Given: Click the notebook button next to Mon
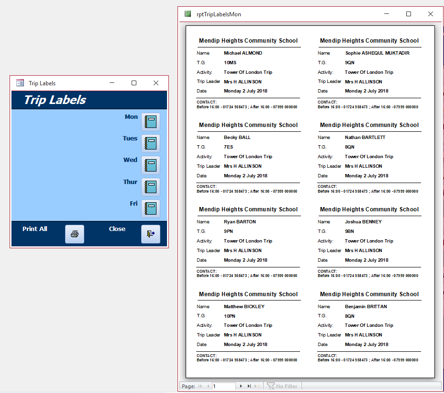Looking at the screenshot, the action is coord(151,122).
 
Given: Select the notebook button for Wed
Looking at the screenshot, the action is coord(151,165).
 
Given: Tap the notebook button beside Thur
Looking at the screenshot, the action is coord(151,187).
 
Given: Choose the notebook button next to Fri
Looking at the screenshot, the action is coord(151,208).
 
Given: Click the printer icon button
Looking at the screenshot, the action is coord(75,234).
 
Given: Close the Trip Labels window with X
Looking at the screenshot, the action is coord(156,83).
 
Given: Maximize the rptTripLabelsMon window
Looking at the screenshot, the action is coord(408,14).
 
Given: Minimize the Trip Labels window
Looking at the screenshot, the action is coord(112,83).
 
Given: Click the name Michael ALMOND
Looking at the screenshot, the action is coord(243,53).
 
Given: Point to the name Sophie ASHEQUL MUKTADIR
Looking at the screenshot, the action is coord(377,53).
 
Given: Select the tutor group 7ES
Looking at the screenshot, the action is coord(229,147).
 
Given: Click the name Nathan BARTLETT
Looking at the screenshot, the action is coord(365,138).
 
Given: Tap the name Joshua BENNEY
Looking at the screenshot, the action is coord(363,222).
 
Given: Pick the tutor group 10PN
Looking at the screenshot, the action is coord(230,316).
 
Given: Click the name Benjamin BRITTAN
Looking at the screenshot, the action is coord(366,307).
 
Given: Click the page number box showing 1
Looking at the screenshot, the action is coord(224,386).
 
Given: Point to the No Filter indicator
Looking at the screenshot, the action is coord(282,386).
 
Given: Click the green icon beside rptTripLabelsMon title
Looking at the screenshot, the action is coord(188,14).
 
